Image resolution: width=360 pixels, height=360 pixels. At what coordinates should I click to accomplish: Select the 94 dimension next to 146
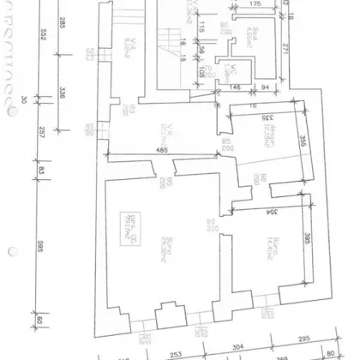tap(265, 88)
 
